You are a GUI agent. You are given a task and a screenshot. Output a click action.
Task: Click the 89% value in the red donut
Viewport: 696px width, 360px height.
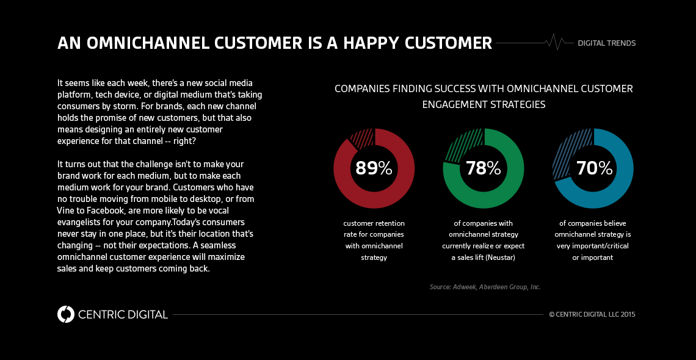[374, 168]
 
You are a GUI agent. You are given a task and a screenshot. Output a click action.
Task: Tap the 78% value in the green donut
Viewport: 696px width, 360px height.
[483, 168]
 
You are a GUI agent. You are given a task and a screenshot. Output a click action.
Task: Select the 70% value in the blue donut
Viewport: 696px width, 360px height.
[593, 168]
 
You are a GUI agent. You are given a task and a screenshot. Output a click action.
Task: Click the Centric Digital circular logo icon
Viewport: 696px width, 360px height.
[65, 314]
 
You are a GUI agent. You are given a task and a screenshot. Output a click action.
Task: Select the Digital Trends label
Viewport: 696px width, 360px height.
[606, 43]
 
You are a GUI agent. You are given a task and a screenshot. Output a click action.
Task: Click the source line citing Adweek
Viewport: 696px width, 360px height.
[485, 287]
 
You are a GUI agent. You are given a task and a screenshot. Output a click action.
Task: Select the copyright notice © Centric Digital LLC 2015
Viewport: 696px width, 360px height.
[592, 315]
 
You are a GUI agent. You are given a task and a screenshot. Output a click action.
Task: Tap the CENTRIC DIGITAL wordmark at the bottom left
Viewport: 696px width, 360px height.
[123, 315]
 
